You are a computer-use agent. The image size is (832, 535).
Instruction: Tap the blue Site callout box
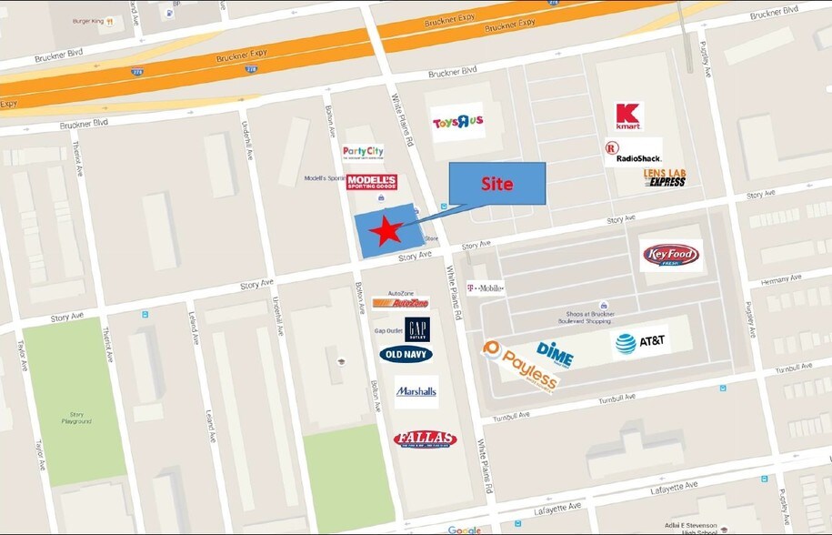coord(497,183)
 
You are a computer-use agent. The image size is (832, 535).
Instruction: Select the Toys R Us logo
coord(458,123)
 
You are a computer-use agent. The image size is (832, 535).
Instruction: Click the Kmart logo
coord(628,116)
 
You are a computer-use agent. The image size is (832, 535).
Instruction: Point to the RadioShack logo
coord(633,152)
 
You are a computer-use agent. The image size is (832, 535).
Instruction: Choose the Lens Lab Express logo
coord(665,177)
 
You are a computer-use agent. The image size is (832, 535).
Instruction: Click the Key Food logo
coord(671,256)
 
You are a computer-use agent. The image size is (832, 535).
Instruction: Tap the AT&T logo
coord(640,342)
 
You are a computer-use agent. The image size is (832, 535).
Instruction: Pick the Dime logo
coord(555,353)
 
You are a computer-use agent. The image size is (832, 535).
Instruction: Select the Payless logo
coord(521,366)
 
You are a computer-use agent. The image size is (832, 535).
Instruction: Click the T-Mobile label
coord(485,288)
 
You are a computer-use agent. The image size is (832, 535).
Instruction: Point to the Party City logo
coord(363,153)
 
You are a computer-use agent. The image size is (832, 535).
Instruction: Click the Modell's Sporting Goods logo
coord(372,182)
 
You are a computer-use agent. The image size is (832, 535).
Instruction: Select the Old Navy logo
coord(406,354)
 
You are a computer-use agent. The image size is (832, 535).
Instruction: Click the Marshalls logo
coord(416,391)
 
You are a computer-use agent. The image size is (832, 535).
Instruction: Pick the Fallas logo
coord(425,439)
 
